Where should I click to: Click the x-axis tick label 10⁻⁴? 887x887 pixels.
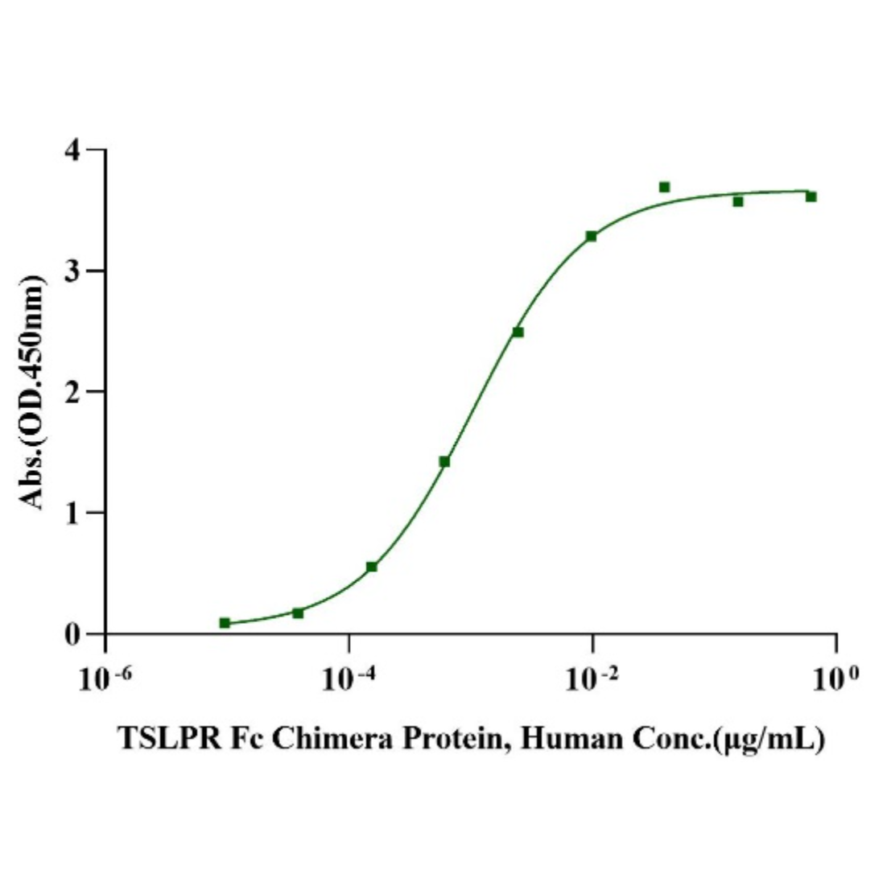pos(350,679)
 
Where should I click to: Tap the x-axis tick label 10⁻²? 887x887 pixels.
pos(594,679)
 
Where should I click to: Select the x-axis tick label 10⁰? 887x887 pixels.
pos(837,679)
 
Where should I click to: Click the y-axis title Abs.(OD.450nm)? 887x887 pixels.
pos(32,392)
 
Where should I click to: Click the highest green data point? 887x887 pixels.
pos(664,188)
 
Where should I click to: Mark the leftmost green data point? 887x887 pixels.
pos(225,623)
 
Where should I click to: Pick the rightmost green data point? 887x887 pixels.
pos(811,196)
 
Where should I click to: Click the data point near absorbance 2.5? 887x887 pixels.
pos(518,332)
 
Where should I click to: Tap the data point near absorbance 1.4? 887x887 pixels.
pos(444,461)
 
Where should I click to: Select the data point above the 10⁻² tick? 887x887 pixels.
pos(591,236)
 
